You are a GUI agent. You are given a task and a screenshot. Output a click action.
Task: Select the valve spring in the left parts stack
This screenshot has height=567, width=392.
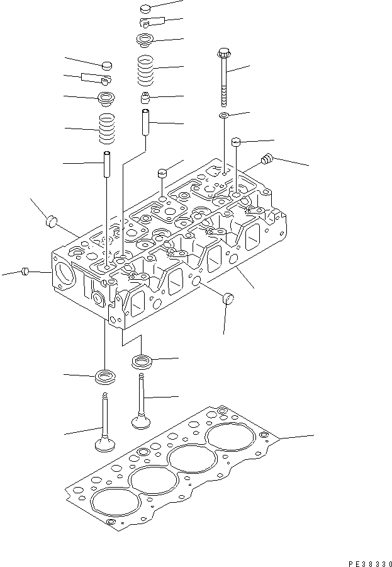tap(109, 129)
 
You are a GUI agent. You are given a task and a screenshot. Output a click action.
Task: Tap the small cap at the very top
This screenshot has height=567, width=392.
tap(145, 9)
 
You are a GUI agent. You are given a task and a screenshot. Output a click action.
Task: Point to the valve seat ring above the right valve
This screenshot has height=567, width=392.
tap(142, 361)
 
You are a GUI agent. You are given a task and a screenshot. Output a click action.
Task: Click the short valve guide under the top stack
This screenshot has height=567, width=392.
tap(147, 122)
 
